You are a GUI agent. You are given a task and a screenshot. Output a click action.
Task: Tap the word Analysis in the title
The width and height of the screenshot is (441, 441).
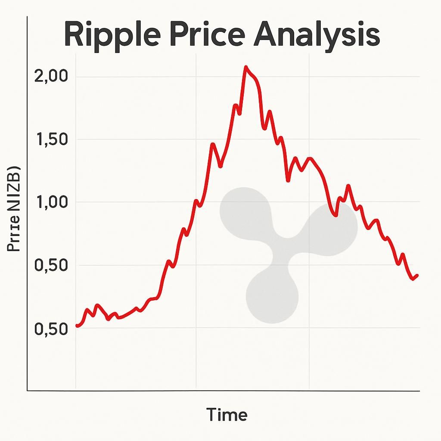[317, 35]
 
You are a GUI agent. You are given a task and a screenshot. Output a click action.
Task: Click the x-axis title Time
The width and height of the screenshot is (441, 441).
[227, 415]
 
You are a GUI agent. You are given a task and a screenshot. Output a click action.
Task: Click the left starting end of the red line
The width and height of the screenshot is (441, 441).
[77, 326]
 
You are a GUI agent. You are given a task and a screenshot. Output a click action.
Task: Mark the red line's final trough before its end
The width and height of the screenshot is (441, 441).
[413, 279]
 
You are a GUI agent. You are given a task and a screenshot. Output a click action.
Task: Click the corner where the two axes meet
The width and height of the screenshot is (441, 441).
[28, 391]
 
